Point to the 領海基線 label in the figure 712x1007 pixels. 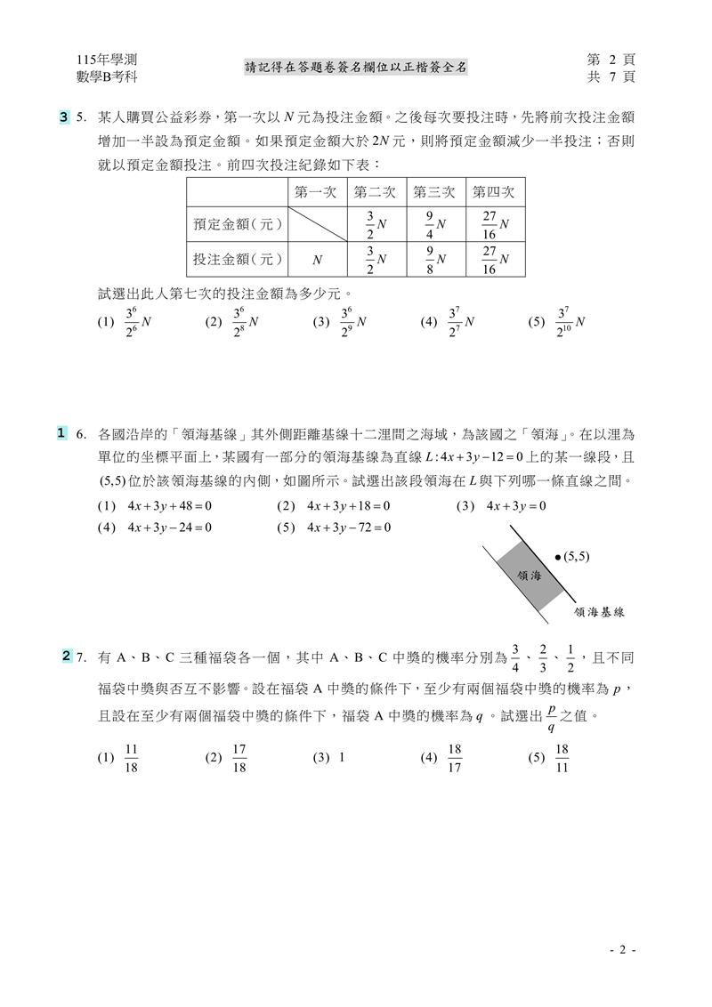pos(600,612)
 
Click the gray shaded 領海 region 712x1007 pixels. pos(530,576)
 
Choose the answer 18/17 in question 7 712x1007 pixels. pos(444,758)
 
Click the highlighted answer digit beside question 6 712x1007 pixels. pos(61,433)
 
